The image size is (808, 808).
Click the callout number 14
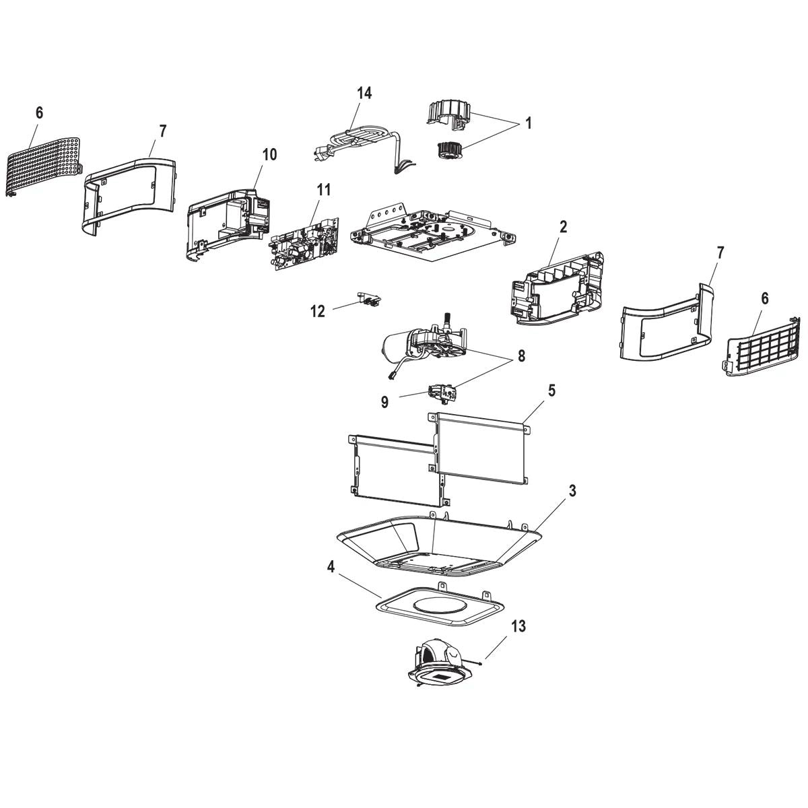coord(364,93)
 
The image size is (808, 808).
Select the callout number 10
coord(269,155)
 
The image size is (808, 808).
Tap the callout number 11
coord(324,190)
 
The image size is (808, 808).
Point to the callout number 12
coord(318,311)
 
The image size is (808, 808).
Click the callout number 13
coord(518,626)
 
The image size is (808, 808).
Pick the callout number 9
coord(384,402)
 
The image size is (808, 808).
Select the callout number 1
coord(529,123)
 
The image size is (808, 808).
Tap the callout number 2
coord(563,227)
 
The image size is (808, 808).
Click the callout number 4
coord(331,568)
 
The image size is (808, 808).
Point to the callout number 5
coord(551,391)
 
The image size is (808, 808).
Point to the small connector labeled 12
coord(370,298)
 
